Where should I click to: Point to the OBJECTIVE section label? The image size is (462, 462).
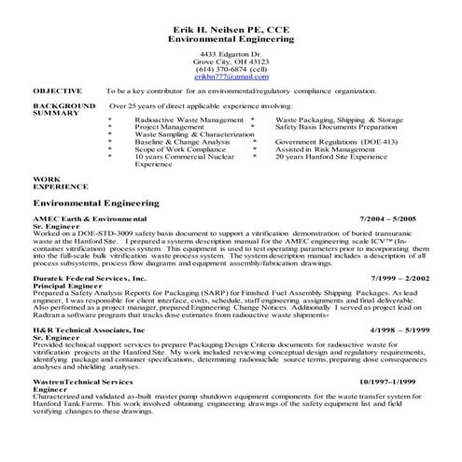coord(58,91)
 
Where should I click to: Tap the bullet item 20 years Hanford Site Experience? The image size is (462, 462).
coord(318,157)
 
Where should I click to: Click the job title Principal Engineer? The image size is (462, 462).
coord(65,286)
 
